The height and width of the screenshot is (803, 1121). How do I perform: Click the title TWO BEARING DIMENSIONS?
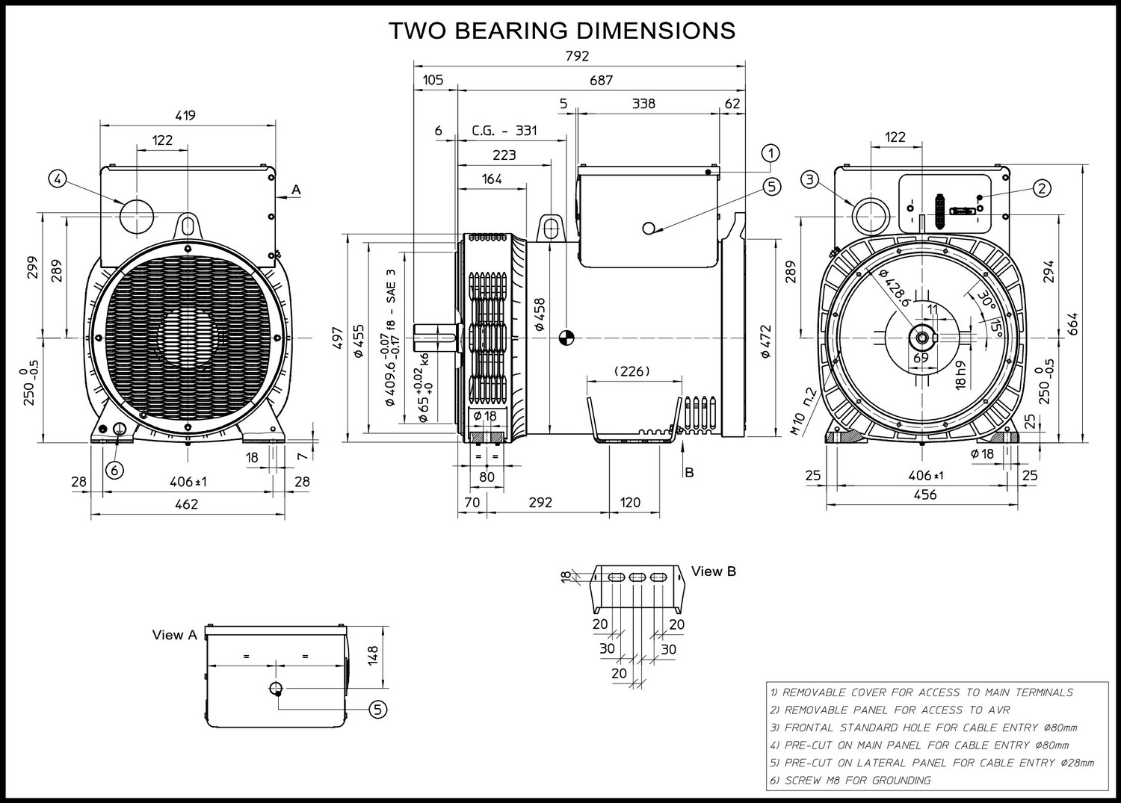coord(562,30)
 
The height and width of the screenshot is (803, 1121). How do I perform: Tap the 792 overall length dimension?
coord(577,56)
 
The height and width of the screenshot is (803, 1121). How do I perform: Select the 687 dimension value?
coord(601,80)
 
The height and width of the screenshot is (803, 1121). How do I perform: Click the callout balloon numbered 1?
coord(771,153)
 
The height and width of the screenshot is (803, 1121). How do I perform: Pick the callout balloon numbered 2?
coord(1042,188)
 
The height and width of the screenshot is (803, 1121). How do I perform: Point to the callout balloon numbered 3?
coord(811,179)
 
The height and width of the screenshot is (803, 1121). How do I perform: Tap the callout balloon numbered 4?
coord(58,179)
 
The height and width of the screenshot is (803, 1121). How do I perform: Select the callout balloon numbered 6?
coord(114,470)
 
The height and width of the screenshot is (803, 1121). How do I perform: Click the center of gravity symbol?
coord(566,338)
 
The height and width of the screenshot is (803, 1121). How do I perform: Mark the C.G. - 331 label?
coord(504,131)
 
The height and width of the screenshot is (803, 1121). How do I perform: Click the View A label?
coord(175,635)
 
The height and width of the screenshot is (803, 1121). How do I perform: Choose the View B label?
coord(714,571)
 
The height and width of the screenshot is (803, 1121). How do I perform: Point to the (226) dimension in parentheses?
coord(632,371)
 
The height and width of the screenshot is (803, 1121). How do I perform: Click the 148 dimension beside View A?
coord(374,655)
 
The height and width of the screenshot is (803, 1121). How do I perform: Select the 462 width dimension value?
coord(186,504)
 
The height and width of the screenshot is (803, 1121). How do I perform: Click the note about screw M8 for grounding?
coord(850,781)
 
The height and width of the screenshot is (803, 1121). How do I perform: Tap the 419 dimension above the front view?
coord(185,115)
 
